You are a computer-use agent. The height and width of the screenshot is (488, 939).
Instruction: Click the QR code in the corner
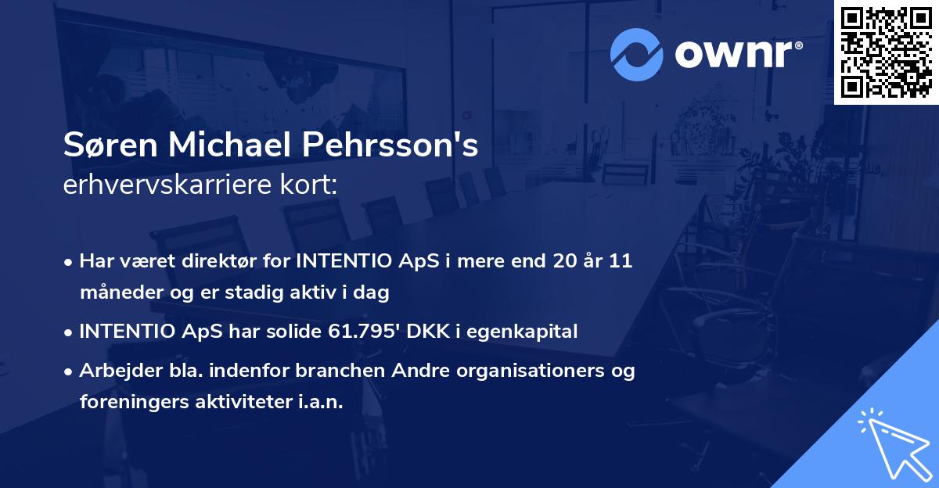tap(886, 52)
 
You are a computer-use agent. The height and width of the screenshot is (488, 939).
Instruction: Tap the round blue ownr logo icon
tap(638, 53)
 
